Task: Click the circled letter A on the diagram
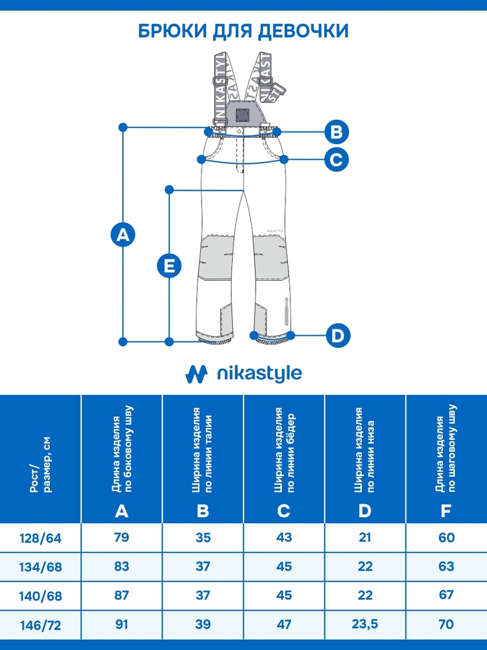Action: [123, 235]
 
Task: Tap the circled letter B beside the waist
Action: [336, 132]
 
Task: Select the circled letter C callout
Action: [336, 159]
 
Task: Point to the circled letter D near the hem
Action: [338, 335]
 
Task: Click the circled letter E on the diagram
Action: [169, 265]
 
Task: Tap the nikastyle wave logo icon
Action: [197, 373]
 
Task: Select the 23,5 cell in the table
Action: [365, 623]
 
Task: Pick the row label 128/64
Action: [40, 538]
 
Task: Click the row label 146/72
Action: [40, 625]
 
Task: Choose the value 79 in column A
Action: [121, 537]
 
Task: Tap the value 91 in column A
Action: [121, 624]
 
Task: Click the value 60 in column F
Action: [446, 537]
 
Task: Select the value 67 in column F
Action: [446, 595]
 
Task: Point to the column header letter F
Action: [446, 511]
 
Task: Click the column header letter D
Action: [365, 511]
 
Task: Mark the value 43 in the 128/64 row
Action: [283, 537]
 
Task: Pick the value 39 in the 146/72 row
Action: [202, 624]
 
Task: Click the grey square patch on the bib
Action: [240, 115]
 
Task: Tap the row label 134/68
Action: [40, 567]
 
